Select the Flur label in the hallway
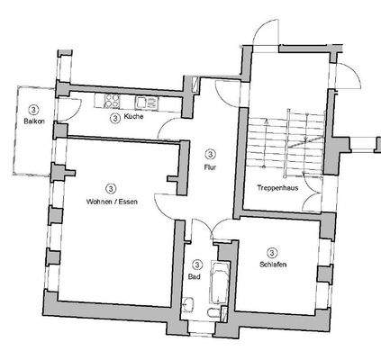tap(210, 166)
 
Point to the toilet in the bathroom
tap(208, 312)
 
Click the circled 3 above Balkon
tap(33, 107)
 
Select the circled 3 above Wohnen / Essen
tap(110, 188)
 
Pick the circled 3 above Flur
tap(210, 154)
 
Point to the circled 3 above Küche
tap(114, 118)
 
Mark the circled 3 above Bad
tap(196, 265)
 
